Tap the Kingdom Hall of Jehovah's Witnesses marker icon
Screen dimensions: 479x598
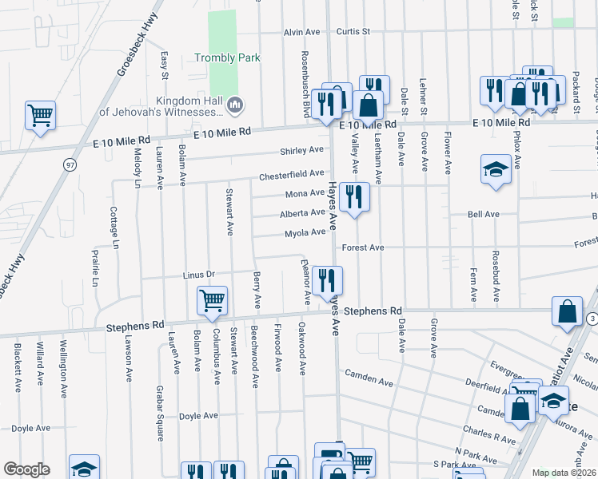click(x=235, y=104)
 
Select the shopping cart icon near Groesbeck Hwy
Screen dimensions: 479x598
click(x=40, y=115)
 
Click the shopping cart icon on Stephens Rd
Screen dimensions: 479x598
click(x=212, y=300)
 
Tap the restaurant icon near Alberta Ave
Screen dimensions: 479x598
click(x=354, y=196)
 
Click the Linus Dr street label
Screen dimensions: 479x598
click(x=199, y=275)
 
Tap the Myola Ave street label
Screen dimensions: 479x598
click(x=305, y=233)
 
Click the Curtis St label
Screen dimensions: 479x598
click(x=353, y=32)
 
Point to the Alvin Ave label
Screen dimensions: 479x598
click(x=301, y=33)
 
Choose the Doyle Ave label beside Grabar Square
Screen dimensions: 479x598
click(x=198, y=416)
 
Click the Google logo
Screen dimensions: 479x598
click(x=26, y=469)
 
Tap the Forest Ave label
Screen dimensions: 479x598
click(x=363, y=247)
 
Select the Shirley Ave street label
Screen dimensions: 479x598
click(x=301, y=150)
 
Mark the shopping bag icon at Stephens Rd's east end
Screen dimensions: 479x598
click(x=567, y=312)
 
